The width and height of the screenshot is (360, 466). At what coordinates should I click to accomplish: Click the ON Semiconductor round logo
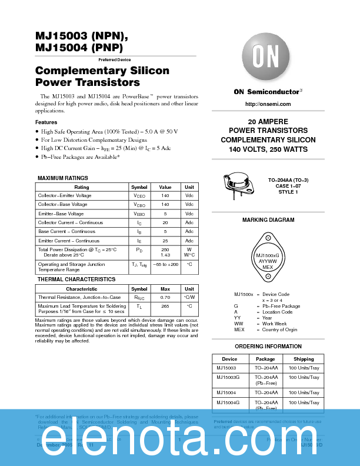(268, 57)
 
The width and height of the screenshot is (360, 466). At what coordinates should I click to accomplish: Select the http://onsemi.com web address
(268, 104)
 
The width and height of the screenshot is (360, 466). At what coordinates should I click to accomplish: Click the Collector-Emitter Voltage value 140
(165, 195)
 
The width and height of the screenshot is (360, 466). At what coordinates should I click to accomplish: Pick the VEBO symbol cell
(139, 214)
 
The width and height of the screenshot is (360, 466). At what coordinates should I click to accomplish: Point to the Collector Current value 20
(165, 223)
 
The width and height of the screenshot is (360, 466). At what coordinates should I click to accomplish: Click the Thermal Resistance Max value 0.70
(165, 298)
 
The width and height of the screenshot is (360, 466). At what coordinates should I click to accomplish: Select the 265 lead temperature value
(165, 307)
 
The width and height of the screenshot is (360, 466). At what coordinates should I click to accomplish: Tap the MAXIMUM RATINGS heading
(63, 178)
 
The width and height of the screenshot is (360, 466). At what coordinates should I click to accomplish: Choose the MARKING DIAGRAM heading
(268, 220)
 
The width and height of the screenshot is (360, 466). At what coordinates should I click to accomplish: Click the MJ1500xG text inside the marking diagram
(268, 255)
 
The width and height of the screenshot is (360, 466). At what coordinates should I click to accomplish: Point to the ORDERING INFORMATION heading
(268, 347)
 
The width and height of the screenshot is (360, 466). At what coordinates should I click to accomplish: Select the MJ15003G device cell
(228, 377)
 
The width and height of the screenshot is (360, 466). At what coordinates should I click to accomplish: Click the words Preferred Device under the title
(115, 60)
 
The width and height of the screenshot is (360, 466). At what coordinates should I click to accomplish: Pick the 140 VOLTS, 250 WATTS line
(268, 149)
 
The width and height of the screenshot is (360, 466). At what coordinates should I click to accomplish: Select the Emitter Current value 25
(165, 241)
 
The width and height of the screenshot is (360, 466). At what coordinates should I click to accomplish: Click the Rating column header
(82, 187)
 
